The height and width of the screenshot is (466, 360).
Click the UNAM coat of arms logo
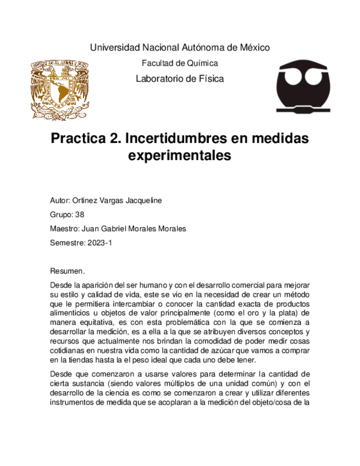(x=59, y=90)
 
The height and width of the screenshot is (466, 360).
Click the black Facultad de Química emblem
(x=303, y=86)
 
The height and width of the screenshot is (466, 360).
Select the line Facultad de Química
(x=180, y=63)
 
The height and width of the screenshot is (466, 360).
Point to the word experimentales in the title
(x=180, y=156)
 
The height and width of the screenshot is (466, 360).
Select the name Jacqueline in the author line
(x=142, y=201)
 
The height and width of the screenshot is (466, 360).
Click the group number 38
(x=79, y=215)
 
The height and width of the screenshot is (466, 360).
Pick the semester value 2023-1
(x=99, y=243)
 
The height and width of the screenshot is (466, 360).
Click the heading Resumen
(x=67, y=271)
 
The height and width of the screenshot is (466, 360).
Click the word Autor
(x=59, y=201)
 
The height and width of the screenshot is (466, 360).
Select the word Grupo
(x=60, y=215)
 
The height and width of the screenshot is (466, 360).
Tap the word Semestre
(x=67, y=243)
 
